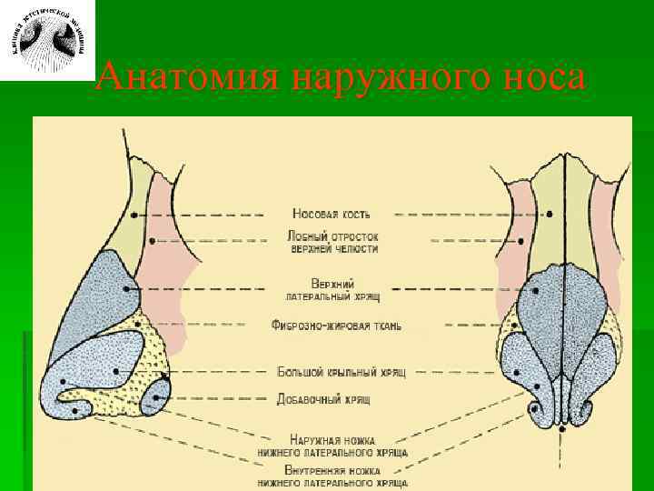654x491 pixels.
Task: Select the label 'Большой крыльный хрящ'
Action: pyautogui.click(x=341, y=371)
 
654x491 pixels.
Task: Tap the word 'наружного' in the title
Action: pyautogui.click(x=383, y=78)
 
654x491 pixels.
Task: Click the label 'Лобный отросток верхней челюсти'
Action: pyautogui.click(x=332, y=242)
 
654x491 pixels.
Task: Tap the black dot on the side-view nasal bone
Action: pyautogui.click(x=134, y=215)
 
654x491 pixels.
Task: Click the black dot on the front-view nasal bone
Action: pyautogui.click(x=550, y=214)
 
